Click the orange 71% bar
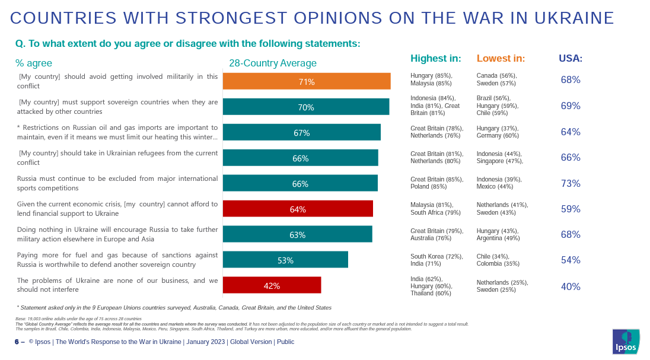(307, 81)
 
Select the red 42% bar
(272, 285)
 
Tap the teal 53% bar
(285, 260)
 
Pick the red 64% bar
(298, 209)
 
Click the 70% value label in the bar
(306, 107)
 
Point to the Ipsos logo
(626, 342)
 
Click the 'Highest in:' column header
(435, 58)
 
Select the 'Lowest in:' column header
(501, 58)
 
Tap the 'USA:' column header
(571, 59)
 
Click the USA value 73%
(571, 183)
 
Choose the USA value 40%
(571, 286)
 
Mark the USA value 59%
(571, 209)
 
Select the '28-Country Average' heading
(273, 63)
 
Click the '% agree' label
(34, 63)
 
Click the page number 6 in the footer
(17, 342)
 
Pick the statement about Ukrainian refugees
(117, 157)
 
